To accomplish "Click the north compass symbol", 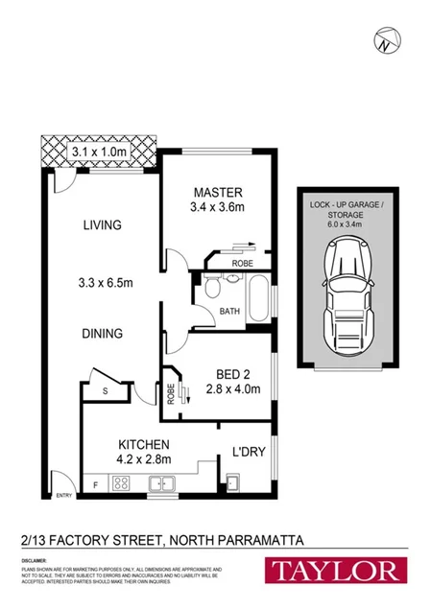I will (385, 42).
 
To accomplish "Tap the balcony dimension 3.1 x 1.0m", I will (99, 151).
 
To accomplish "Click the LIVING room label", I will (102, 225).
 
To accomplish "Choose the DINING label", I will (102, 334).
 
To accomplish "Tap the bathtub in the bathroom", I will (257, 299).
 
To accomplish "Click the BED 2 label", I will (227, 375).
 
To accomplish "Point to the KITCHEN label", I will (144, 444).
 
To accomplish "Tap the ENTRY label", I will (64, 495).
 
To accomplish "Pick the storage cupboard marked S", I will (105, 389).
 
